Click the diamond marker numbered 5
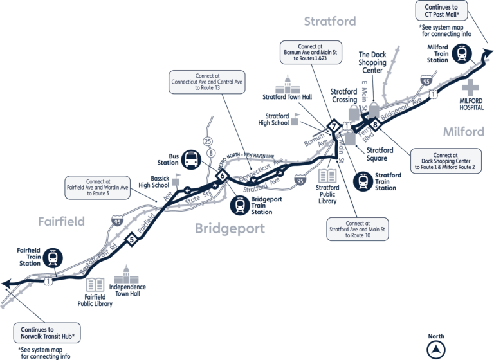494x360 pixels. click(x=132, y=240)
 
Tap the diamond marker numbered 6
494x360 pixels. click(x=223, y=175)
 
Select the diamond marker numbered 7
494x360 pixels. click(x=333, y=125)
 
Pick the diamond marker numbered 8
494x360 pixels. click(x=374, y=125)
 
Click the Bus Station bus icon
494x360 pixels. click(x=192, y=159)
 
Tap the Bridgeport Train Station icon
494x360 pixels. click(x=241, y=205)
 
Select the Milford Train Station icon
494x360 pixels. click(x=461, y=53)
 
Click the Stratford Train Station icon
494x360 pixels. click(x=362, y=179)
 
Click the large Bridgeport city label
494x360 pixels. click(x=230, y=228)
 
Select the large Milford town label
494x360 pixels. click(x=463, y=132)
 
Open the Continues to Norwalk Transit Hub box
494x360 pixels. click(x=52, y=332)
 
